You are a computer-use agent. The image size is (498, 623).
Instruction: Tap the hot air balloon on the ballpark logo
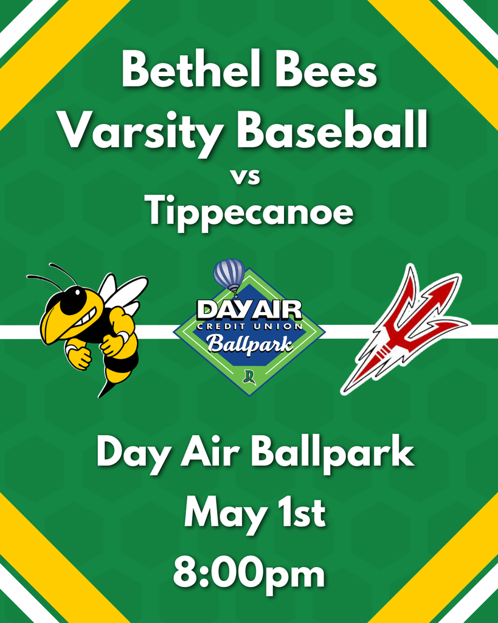pos(229,276)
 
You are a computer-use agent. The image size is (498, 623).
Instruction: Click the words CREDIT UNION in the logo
pos(249,325)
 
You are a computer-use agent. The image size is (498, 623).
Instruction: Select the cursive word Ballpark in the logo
pos(250,344)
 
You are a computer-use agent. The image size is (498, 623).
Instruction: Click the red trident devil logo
pos(404,329)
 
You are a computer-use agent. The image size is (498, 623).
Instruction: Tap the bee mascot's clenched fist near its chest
pos(113,346)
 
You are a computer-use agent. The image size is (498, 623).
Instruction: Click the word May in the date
pos(225,514)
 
